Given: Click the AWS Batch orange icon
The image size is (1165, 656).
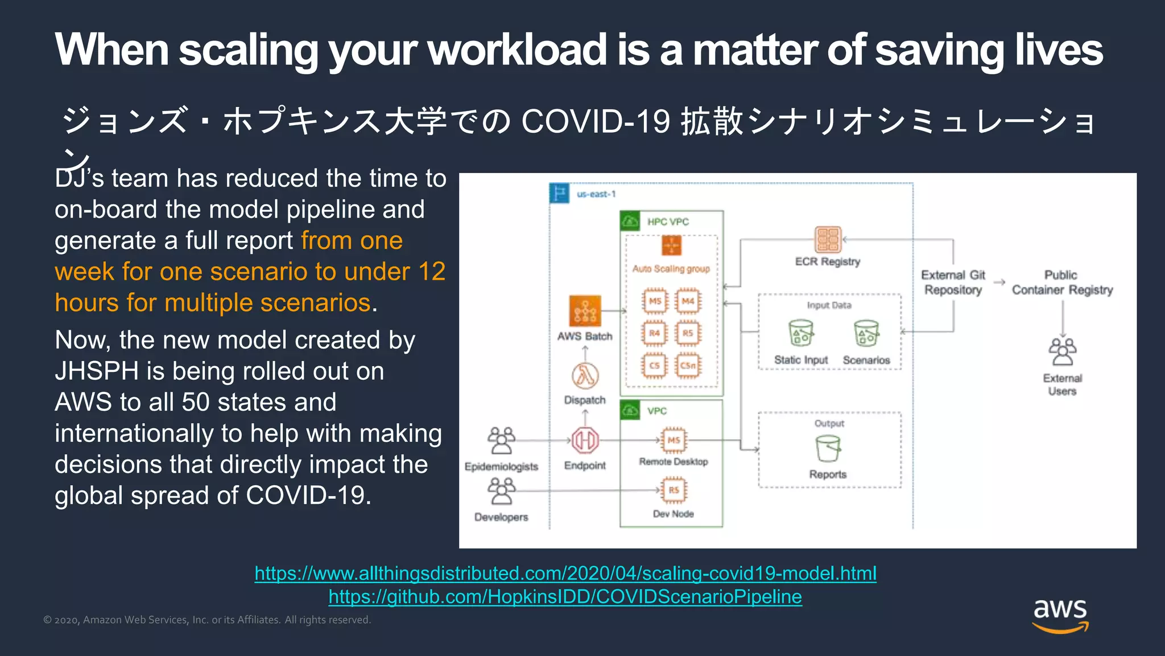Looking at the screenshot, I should pyautogui.click(x=585, y=311).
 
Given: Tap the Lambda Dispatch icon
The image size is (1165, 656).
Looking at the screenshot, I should pyautogui.click(x=585, y=375).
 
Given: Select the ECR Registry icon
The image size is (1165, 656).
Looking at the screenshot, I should pyautogui.click(x=828, y=240).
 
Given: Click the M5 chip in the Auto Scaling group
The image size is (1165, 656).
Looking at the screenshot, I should pyautogui.click(x=655, y=301).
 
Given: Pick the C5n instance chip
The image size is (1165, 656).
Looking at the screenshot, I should pyautogui.click(x=688, y=366).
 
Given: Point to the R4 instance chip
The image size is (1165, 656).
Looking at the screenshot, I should pyautogui.click(x=655, y=333).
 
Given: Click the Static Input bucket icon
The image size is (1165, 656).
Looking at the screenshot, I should pyautogui.click(x=801, y=333).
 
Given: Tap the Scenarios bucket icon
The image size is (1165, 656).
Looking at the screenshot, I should pyautogui.click(x=866, y=333).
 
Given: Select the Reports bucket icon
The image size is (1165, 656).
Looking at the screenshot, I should pyautogui.click(x=828, y=449).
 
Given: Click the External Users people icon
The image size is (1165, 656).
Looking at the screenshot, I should pyautogui.click(x=1062, y=351).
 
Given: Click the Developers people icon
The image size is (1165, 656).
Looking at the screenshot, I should pyautogui.click(x=501, y=491).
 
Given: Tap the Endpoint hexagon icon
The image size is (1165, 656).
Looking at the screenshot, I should pyautogui.click(x=585, y=440).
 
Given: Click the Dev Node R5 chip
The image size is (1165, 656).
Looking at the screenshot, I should pyautogui.click(x=674, y=490).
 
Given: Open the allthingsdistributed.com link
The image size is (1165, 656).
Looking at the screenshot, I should pyautogui.click(x=565, y=573).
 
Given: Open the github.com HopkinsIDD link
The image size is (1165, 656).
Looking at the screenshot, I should pyautogui.click(x=565, y=597).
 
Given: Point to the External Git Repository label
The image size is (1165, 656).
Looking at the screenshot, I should pyautogui.click(x=953, y=282).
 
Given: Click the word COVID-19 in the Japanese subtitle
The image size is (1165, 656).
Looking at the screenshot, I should pyautogui.click(x=595, y=121).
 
